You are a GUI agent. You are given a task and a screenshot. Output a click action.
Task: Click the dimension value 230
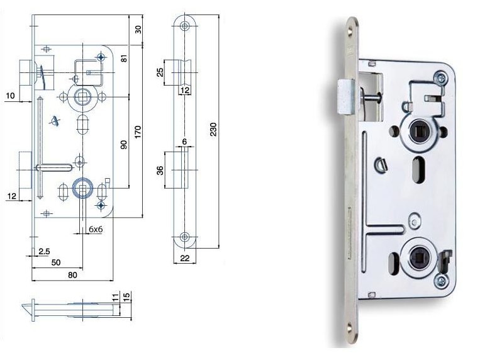213,129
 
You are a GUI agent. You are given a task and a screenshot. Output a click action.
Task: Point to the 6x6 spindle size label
96,230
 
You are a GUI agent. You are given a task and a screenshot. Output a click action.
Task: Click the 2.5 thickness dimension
44,251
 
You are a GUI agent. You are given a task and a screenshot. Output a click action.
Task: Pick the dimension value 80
72,274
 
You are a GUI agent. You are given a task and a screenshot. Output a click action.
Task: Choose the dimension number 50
57,261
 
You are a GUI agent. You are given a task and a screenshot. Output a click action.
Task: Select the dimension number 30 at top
138,30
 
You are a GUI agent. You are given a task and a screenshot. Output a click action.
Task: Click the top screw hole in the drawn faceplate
185,26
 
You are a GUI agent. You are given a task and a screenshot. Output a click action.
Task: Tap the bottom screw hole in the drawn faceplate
185,237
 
